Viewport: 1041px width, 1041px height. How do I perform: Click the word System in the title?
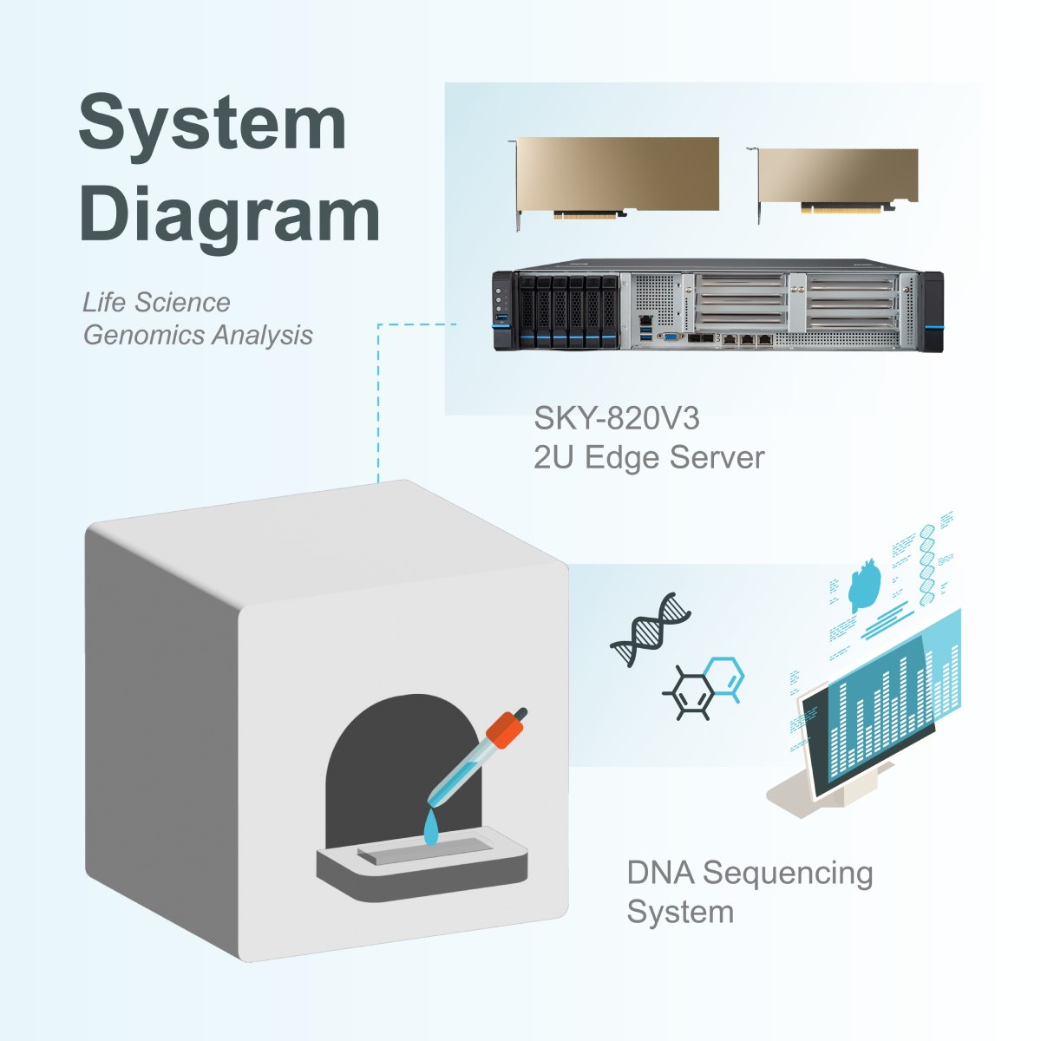[x=213, y=124]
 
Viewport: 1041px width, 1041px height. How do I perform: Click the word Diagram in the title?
[x=229, y=214]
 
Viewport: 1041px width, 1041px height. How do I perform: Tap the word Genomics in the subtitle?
[x=143, y=335]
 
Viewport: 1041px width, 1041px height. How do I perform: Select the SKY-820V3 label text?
[x=616, y=419]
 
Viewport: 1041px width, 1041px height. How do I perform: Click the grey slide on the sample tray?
[x=425, y=851]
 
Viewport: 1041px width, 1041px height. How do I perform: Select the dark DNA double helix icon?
[x=650, y=629]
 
